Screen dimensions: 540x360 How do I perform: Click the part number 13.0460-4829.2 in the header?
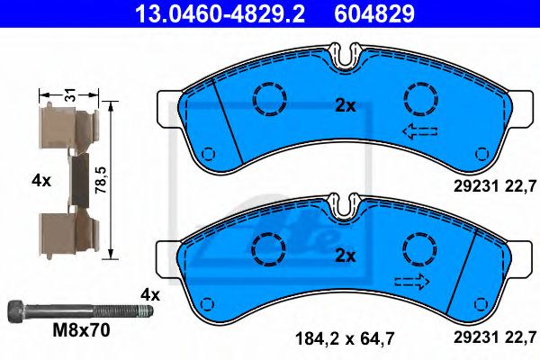220,13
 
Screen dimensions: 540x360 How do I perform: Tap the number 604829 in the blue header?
374,13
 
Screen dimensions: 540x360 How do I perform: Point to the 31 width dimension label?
70,94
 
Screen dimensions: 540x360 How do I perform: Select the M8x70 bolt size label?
82,330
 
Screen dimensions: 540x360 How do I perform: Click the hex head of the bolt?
16,311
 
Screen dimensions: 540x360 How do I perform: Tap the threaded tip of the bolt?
145,311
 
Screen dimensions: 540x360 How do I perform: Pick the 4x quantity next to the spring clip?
41,180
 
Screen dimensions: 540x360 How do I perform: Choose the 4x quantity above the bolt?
150,295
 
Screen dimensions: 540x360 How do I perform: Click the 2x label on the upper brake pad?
346,106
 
